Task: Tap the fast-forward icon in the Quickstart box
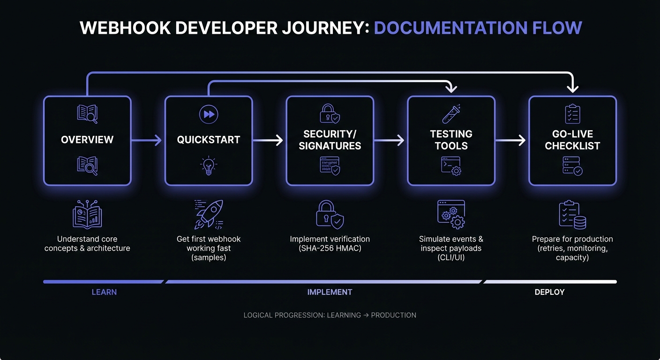coord(209,114)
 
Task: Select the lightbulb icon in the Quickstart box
coord(209,166)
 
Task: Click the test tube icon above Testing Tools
coord(451,114)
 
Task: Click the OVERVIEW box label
coord(87,140)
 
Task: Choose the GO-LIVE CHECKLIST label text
coord(572,140)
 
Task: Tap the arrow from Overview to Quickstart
coord(147,140)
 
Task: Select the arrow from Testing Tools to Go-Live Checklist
coord(511,140)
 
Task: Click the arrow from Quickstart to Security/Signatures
coord(269,140)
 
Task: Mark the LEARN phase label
coord(104,292)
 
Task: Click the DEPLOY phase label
coord(549,292)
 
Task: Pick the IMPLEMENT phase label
coord(330,292)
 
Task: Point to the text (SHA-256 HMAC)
coord(330,248)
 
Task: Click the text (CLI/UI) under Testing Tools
coord(451,257)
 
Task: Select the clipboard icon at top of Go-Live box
coord(572,114)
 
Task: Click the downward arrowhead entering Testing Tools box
coord(451,88)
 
